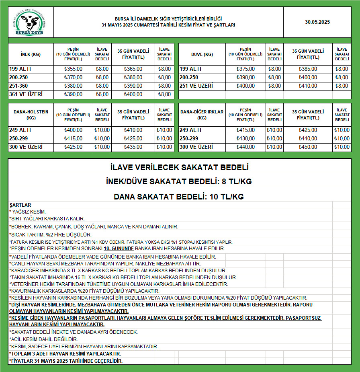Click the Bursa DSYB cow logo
click(x=31, y=22)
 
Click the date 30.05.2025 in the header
click(x=317, y=22)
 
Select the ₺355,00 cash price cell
click(x=73, y=69)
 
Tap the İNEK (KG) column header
click(x=31, y=54)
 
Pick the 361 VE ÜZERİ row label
click(x=26, y=95)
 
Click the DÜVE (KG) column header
click(x=202, y=54)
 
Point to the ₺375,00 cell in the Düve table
click(x=245, y=69)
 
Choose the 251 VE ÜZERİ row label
click(x=196, y=86)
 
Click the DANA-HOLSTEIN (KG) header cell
click(x=31, y=115)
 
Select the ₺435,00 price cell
click(x=133, y=147)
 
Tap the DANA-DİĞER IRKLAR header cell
click(x=202, y=115)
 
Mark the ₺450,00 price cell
click(x=307, y=147)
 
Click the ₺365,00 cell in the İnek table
click(x=133, y=69)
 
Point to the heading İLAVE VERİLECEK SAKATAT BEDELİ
click(x=180, y=167)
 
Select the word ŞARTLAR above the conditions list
click(x=20, y=205)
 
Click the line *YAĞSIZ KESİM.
click(x=28, y=212)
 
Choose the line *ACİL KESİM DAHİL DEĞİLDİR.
click(x=44, y=339)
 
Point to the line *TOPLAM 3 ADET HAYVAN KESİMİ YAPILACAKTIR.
click(x=65, y=354)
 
